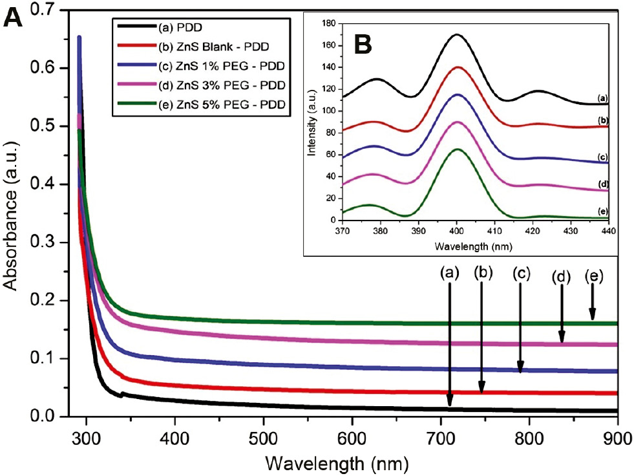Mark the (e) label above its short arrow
593,276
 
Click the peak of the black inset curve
457,34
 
